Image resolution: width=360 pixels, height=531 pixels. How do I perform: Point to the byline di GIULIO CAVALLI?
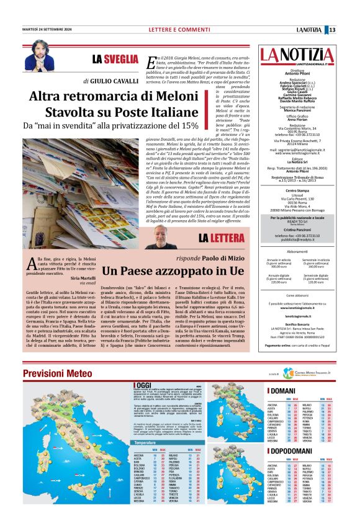point(110,81)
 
